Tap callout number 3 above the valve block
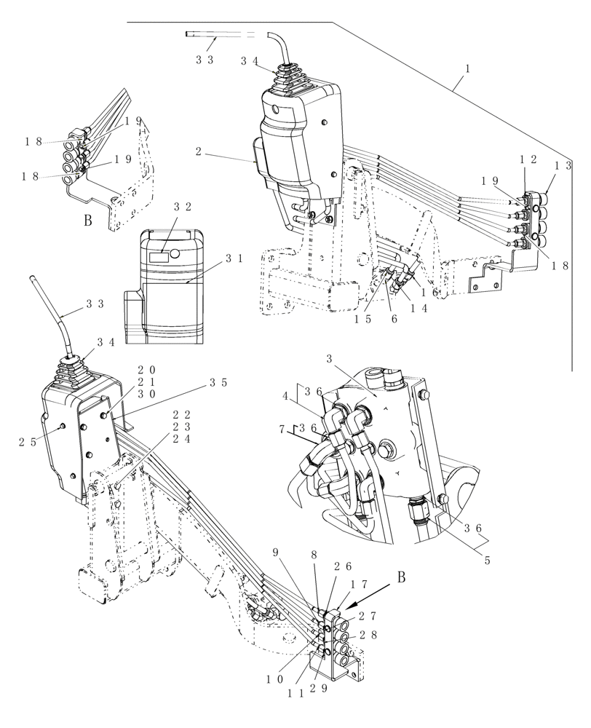[x=330, y=359]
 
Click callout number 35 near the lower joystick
[x=218, y=381]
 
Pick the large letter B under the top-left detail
[x=87, y=221]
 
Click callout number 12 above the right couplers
[x=528, y=159]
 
